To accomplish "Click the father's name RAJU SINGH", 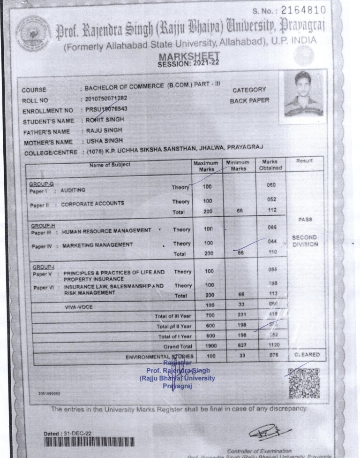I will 104,130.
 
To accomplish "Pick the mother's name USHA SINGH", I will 104,141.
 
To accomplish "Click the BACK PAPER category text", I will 249,100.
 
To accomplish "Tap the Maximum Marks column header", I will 205,166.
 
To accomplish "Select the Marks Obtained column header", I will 270,165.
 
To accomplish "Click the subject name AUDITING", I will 73,190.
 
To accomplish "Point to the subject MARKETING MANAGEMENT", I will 97,245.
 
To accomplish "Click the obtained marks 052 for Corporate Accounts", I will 271,199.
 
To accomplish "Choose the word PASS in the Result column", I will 305,220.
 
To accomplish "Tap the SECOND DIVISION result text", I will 305,241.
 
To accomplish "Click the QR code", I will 303,383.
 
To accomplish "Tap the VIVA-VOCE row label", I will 79,306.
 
